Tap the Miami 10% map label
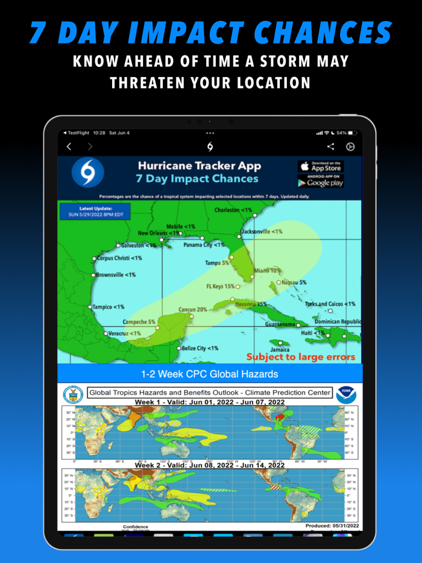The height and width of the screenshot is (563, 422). click(x=268, y=271)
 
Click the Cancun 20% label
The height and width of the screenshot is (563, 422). click(x=193, y=309)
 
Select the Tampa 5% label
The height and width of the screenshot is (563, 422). click(x=217, y=263)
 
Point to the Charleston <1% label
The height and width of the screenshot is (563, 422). click(x=233, y=210)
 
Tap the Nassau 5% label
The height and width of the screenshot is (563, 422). click(x=294, y=282)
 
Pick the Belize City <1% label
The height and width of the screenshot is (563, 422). click(x=200, y=348)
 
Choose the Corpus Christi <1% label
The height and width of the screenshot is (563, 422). click(x=119, y=258)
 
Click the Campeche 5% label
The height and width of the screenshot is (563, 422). click(x=139, y=322)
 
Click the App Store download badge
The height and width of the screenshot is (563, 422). click(x=321, y=166)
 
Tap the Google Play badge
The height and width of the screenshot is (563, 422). click(x=321, y=180)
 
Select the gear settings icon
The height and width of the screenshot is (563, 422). click(x=350, y=146)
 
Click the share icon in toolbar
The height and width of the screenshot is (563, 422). click(x=330, y=146)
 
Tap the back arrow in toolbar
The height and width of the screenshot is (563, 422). click(x=69, y=146)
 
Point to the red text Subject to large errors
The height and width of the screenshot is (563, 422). click(x=301, y=357)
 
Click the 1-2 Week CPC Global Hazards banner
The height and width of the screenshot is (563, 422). click(x=210, y=374)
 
